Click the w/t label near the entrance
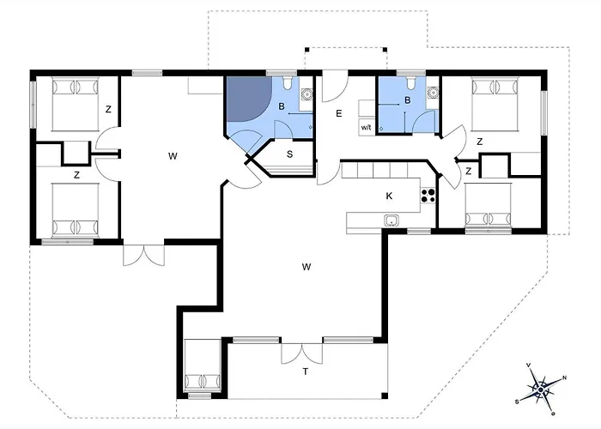366,128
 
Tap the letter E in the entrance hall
339,113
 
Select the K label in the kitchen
389,196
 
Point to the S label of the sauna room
290,154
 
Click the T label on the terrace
306,372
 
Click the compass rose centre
540,390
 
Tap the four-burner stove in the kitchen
428,196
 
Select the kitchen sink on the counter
392,221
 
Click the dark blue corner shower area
247,99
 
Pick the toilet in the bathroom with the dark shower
288,83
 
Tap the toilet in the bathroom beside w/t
411,82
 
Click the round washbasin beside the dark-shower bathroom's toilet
307,94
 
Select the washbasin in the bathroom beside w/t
433,93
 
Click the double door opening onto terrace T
301,353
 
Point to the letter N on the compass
565,378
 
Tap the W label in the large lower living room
306,267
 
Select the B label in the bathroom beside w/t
408,100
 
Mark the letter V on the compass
529,365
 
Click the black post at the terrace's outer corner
385,396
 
